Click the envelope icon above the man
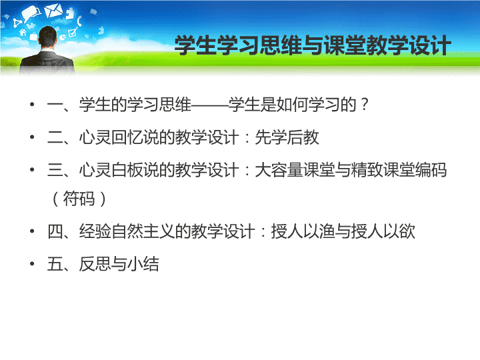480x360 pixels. pos(53,10)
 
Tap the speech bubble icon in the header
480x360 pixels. pos(31,13)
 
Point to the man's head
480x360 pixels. pos(48,37)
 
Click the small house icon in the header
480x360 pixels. pos(23,31)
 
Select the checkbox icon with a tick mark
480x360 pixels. pos(73,33)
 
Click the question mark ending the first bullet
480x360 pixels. pos(364,105)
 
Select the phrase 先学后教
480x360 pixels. pos(287,137)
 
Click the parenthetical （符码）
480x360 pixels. pos(79,199)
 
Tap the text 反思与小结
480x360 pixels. pos(119,263)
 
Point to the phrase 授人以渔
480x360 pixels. pos(303,231)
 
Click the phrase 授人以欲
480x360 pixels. pos(383,231)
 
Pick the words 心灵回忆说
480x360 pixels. pos(119,137)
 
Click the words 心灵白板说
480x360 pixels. pos(119,170)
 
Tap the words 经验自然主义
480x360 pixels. pos(127,231)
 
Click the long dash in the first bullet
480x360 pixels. pos(209,105)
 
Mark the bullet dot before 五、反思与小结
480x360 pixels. pos(32,263)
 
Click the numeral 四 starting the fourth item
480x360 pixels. pos(55,231)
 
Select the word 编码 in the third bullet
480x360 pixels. pos(431,170)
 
